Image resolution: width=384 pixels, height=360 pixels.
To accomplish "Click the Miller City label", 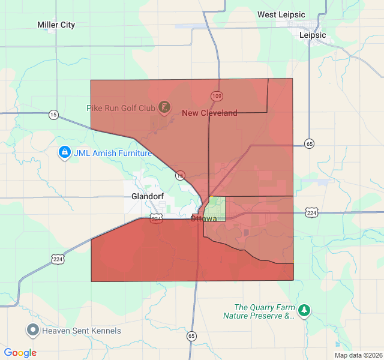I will (x=56, y=25).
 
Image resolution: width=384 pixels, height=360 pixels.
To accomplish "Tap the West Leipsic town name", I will (x=281, y=14).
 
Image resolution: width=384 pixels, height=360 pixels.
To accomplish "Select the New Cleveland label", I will (x=209, y=113).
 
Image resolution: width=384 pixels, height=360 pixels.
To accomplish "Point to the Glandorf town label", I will (x=147, y=196).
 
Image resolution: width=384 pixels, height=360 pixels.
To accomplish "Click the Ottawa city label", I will (x=203, y=218).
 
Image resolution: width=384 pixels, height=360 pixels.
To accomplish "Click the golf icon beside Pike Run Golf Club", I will (x=164, y=108).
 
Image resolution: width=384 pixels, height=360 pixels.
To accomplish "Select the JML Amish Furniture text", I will (x=113, y=153).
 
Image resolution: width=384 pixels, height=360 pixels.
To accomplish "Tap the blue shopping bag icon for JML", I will (x=64, y=153).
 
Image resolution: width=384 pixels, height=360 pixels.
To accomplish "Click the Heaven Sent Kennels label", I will (x=82, y=331).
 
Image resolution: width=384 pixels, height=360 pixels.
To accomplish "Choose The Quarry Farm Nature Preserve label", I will (x=259, y=311).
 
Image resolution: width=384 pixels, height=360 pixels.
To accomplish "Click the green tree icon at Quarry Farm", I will (x=305, y=311).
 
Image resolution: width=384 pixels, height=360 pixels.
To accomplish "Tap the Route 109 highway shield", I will (x=217, y=96).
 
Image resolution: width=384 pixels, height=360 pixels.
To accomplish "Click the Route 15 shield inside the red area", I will (x=180, y=176).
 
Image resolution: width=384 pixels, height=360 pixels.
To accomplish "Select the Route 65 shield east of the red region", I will (x=309, y=144).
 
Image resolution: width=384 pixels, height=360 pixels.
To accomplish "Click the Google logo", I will (x=20, y=353).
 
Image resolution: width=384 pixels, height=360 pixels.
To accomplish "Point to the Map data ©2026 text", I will (x=358, y=355).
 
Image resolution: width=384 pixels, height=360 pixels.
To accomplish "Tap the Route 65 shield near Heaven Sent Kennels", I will (x=191, y=336).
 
